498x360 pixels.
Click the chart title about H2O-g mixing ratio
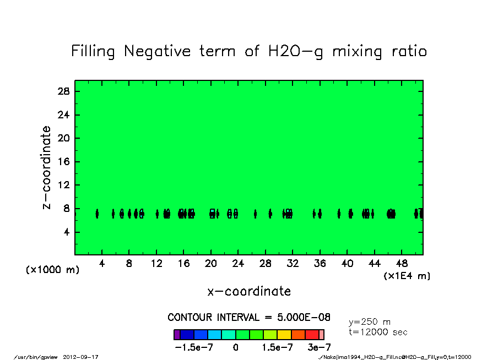tap(249, 52)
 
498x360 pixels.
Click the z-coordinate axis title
tap(47, 167)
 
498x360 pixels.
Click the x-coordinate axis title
tap(249, 291)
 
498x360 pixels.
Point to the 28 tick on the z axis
tap(64, 91)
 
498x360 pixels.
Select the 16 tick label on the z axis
tap(64, 162)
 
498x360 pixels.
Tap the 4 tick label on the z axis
tap(67, 232)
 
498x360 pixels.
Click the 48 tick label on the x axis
tap(402, 264)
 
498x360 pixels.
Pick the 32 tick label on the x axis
tap(293, 264)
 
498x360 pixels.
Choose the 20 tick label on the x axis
tap(211, 264)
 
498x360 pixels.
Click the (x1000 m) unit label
tap(53, 270)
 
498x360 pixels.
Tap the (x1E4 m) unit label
tap(407, 276)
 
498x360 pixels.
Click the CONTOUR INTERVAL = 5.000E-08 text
tap(249, 318)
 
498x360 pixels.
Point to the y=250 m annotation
tap(370, 322)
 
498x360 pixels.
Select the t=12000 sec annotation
tap(378, 332)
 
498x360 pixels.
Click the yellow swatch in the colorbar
tap(284, 335)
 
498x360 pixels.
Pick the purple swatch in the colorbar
tap(177, 335)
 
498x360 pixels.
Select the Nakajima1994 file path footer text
tap(395, 357)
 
